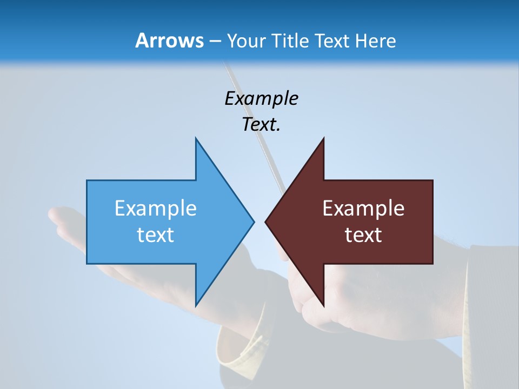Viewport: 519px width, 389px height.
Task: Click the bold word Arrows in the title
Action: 169,41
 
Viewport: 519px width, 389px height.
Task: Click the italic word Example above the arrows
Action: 261,98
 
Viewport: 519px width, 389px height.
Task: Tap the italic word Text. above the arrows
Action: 261,124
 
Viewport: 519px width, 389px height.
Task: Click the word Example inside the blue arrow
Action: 155,208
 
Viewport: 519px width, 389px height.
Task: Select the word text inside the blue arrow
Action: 155,235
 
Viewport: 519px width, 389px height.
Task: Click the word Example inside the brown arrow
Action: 363,208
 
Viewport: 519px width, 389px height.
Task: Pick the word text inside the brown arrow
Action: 363,235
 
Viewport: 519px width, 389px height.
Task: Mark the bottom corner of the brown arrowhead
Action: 323,305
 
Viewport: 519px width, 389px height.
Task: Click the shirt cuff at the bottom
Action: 238,351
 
